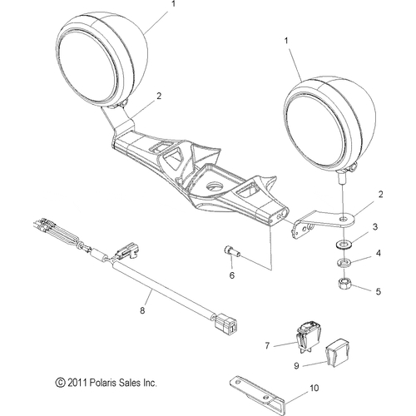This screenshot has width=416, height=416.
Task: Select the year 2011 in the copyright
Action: (77, 384)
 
